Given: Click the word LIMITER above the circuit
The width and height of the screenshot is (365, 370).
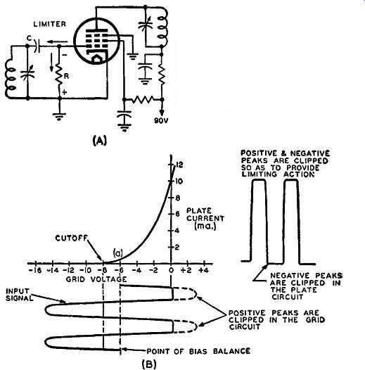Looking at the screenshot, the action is pos(49,24).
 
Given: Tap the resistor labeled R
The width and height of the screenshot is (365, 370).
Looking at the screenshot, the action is pos(59,75).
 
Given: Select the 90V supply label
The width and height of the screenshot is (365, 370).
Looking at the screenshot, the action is pos(161,121).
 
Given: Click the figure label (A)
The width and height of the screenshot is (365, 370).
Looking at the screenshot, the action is pos(100,141).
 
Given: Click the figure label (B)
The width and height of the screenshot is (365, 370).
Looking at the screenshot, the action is pos(149,364).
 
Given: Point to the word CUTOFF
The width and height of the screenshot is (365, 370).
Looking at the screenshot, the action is pos(71,238).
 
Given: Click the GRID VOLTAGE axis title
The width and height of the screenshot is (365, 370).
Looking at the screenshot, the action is pos(96,279).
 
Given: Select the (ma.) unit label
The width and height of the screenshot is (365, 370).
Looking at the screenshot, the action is pos(205,227).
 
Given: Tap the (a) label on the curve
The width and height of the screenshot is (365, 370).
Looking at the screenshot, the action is pos(117,253).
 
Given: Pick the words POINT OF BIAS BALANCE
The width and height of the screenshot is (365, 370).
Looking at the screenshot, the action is pos(198,351).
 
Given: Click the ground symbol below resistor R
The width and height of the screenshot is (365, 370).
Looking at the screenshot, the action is pos(59,117).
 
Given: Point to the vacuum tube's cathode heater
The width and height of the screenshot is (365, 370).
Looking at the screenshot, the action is pos(96,59).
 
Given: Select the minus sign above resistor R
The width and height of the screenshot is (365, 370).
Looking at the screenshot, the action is pos(65,55).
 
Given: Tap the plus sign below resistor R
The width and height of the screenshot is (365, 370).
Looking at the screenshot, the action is pos(65,92).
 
